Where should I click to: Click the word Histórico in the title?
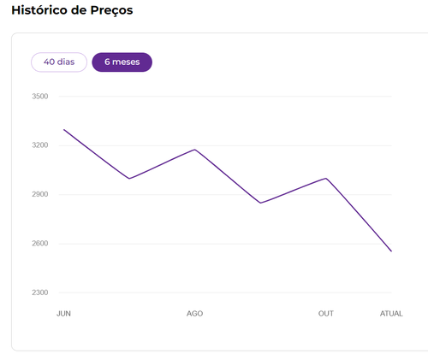(x=39, y=10)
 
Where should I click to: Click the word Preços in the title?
(x=111, y=11)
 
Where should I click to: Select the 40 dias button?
(x=59, y=62)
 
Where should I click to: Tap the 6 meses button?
(x=122, y=62)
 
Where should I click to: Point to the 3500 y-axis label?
(x=40, y=97)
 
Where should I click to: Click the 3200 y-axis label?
(x=40, y=145)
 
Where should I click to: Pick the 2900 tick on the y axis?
(x=40, y=194)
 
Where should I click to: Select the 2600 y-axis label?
(x=40, y=244)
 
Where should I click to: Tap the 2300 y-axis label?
(x=40, y=292)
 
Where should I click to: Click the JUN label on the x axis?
(x=63, y=314)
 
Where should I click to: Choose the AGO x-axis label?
(x=194, y=314)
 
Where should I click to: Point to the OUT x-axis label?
(x=326, y=314)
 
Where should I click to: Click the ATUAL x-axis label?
(x=391, y=314)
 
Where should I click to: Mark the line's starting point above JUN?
(x=64, y=129)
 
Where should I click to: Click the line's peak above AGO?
(x=195, y=150)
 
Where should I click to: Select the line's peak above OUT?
(x=326, y=179)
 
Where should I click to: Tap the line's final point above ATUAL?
(x=391, y=251)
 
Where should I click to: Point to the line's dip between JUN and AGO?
(x=129, y=179)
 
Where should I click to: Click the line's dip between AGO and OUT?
(x=260, y=203)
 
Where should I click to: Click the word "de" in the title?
(x=79, y=10)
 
